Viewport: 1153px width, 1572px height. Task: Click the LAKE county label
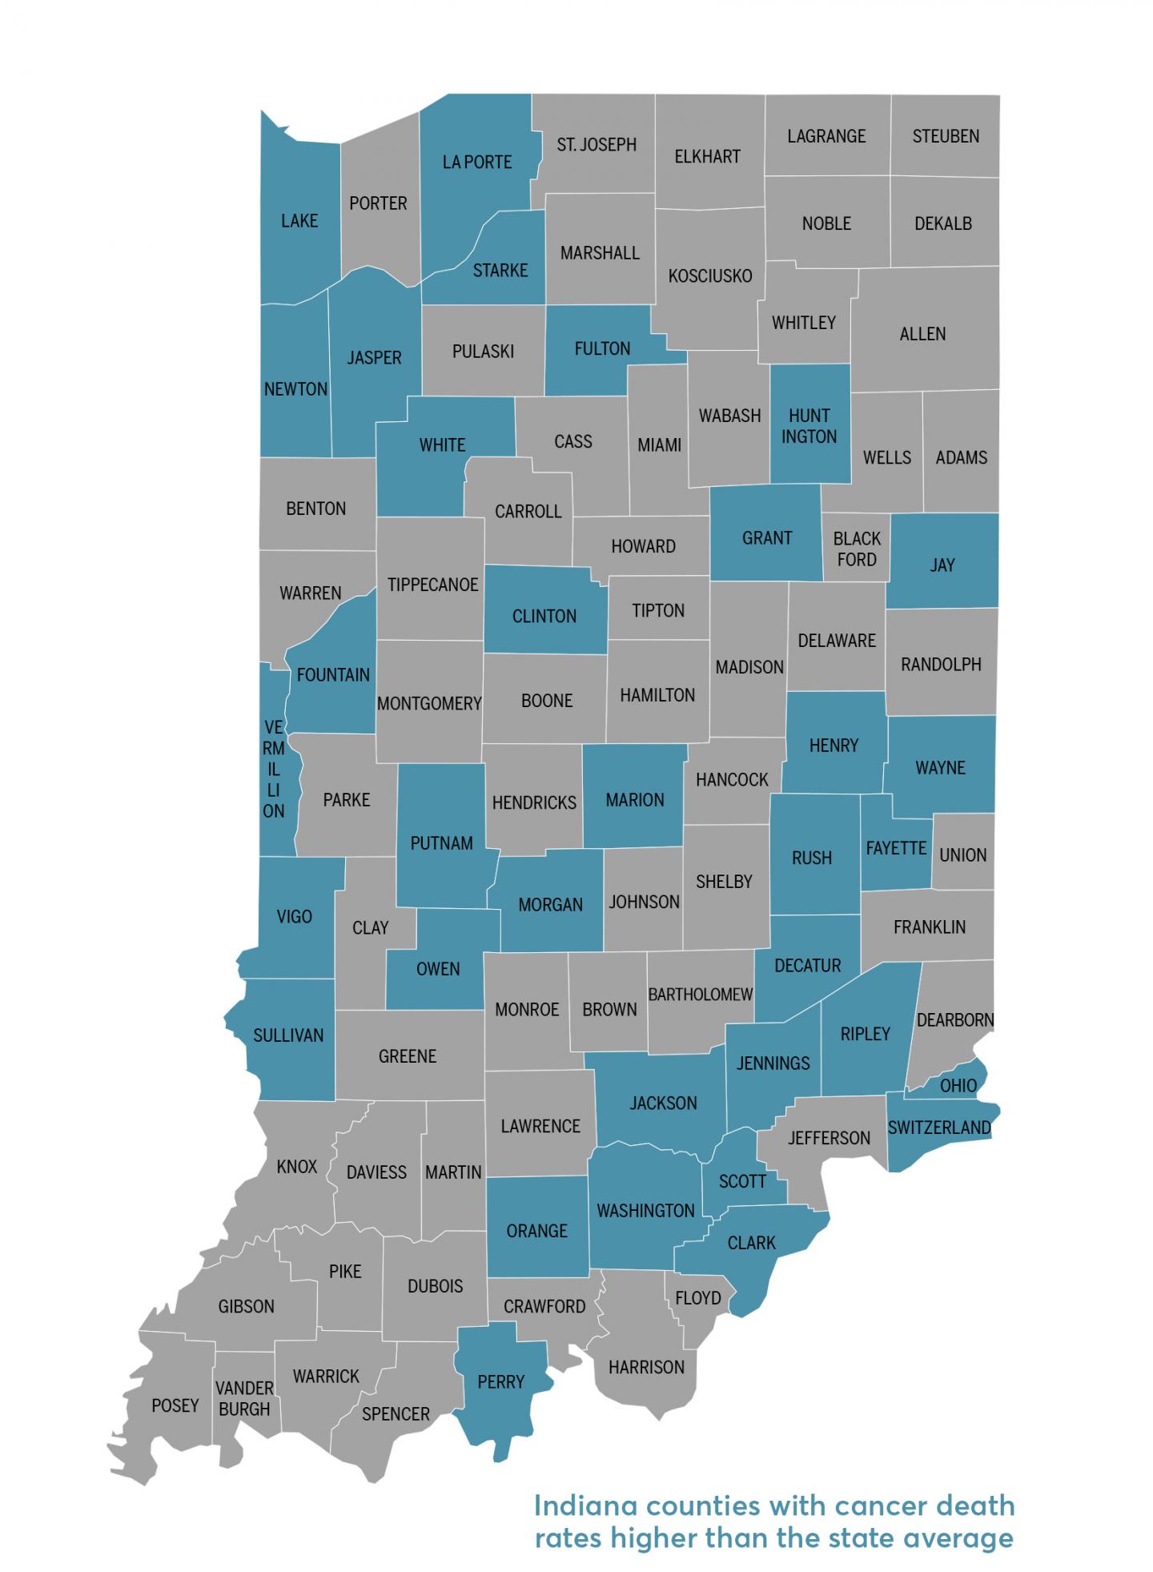(299, 221)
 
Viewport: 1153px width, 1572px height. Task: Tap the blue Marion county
(635, 799)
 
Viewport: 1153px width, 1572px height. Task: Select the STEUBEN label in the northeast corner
(946, 136)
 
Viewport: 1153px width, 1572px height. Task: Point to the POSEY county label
(175, 1405)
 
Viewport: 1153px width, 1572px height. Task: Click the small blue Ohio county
(958, 1086)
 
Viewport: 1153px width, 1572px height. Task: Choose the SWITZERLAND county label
(939, 1128)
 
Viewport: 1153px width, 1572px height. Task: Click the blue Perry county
(500, 1381)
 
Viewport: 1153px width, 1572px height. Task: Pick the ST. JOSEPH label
(597, 145)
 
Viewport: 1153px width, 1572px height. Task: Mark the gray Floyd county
(698, 1297)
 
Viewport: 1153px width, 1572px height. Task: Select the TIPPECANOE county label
(432, 585)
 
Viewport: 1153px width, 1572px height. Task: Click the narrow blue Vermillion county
(274, 769)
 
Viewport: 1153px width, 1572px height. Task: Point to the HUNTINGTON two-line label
(810, 426)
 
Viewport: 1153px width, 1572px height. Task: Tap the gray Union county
(963, 854)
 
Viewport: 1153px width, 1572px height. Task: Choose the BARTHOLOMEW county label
(700, 995)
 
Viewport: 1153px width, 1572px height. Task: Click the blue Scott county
(741, 1181)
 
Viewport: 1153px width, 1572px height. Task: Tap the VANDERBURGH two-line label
(244, 1398)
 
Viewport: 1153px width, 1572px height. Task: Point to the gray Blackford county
(856, 549)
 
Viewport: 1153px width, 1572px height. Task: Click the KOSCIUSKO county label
(710, 276)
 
